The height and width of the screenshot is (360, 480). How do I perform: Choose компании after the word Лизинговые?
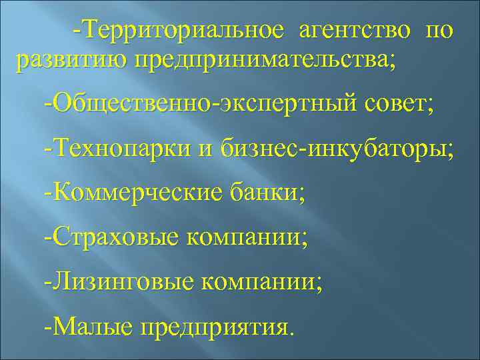(x=257, y=282)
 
